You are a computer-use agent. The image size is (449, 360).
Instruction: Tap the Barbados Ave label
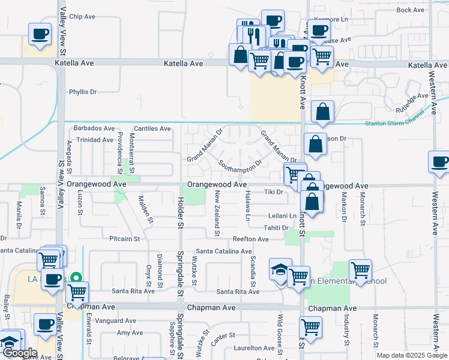(93, 128)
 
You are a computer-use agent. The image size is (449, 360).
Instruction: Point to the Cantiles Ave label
(152, 128)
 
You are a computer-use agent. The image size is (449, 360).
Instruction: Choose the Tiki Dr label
(273, 192)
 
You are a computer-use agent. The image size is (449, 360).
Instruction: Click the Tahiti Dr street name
(276, 227)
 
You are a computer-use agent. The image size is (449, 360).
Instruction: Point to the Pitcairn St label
(124, 239)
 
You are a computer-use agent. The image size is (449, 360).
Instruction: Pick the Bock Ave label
(411, 10)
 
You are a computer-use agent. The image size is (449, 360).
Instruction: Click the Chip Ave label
(83, 17)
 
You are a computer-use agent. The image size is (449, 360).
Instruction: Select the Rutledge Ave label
(412, 101)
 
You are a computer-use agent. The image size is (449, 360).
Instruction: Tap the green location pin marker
(76, 278)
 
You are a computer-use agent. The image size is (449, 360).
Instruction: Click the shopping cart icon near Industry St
(360, 271)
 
